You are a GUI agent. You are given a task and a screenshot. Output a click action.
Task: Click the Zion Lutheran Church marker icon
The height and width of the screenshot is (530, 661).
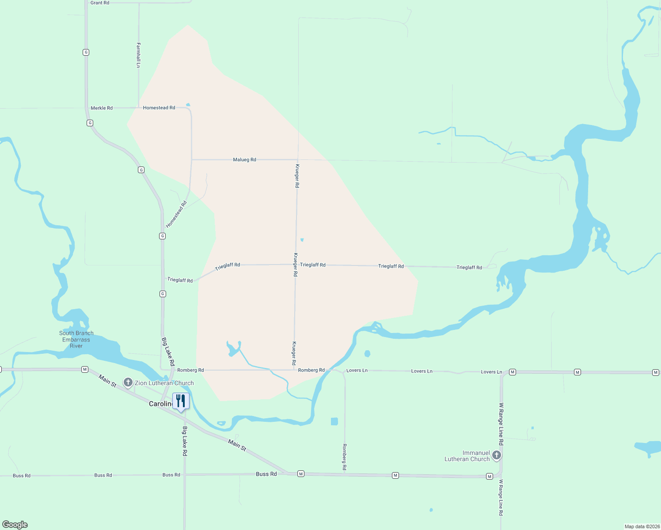tap(128, 382)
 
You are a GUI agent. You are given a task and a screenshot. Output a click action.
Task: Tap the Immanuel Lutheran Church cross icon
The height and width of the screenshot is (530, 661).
tap(497, 455)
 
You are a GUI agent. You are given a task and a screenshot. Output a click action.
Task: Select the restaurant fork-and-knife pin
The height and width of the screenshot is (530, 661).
tap(181, 401)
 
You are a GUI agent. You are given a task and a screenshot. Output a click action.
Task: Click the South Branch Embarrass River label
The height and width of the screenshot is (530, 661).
tap(76, 339)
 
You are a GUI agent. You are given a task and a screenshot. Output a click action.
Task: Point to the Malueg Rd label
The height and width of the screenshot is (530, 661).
tap(244, 159)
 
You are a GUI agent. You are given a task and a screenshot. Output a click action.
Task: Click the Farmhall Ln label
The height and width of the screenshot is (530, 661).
tap(138, 55)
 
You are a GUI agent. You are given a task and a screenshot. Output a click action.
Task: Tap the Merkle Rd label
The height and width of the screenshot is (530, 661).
tap(102, 108)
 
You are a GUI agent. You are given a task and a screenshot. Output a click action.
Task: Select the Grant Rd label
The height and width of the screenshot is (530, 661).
tap(100, 3)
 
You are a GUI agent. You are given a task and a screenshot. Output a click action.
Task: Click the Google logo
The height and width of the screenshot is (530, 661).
tap(15, 525)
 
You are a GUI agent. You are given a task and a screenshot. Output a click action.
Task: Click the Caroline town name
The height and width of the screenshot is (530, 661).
tap(160, 404)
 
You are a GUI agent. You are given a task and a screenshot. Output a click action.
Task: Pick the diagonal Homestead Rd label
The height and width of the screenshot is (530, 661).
tap(176, 214)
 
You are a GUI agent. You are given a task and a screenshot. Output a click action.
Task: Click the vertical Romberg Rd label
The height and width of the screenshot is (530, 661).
tap(344, 457)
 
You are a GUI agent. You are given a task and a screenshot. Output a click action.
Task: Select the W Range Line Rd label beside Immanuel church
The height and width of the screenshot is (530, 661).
tap(501, 424)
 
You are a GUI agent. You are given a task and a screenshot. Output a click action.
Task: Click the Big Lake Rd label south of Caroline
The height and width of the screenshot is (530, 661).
tap(185, 441)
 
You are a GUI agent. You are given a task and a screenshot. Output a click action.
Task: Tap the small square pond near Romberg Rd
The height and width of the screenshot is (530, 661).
tap(334, 421)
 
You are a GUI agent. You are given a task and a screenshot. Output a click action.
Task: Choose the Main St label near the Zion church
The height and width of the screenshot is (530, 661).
tap(107, 381)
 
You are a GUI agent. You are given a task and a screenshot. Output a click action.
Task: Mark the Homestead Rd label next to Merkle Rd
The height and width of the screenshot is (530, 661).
tap(159, 108)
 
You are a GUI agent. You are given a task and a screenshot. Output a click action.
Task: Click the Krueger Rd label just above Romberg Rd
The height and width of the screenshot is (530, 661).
tap(294, 353)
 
